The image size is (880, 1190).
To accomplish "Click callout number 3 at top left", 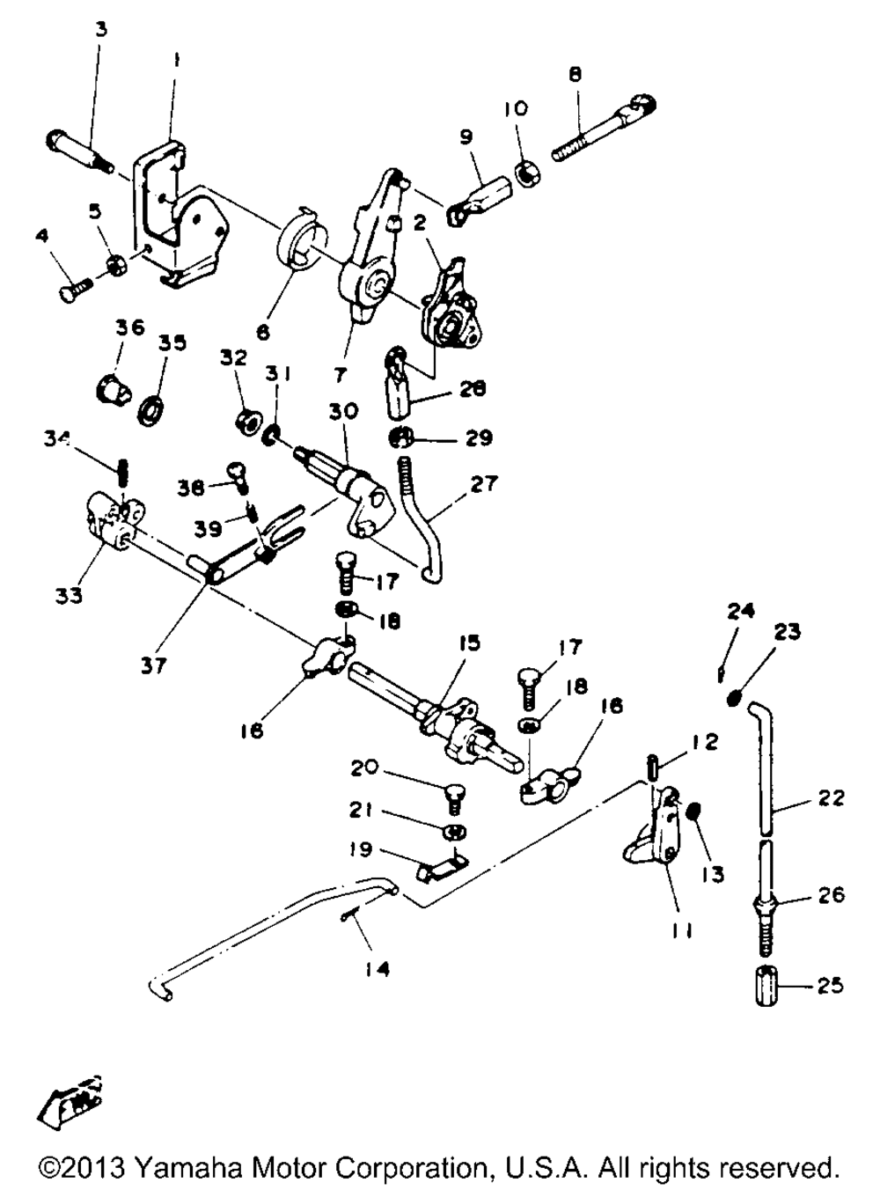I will [x=101, y=29].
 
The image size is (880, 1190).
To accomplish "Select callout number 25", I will [x=830, y=985].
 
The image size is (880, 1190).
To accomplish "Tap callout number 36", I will [x=129, y=327].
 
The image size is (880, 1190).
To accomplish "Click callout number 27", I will [x=483, y=483].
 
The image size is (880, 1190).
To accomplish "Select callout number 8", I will [x=576, y=76].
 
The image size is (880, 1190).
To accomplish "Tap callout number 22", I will [x=831, y=797].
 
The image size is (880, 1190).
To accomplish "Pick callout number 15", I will [x=469, y=643].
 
